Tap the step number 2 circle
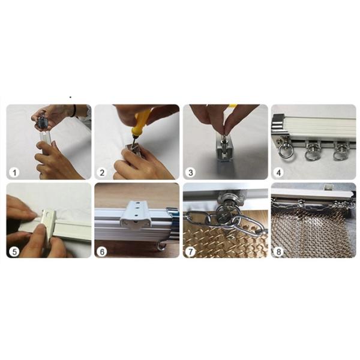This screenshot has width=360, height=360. point(103,172)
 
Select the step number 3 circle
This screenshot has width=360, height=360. point(191,172)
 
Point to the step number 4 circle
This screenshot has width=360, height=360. point(279,172)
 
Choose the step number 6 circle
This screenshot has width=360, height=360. point(103,251)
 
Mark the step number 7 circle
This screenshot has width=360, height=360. point(191,251)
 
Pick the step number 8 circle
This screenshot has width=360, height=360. point(279,251)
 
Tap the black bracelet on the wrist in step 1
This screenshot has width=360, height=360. point(73,110)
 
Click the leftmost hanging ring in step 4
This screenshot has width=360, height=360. point(284,149)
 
